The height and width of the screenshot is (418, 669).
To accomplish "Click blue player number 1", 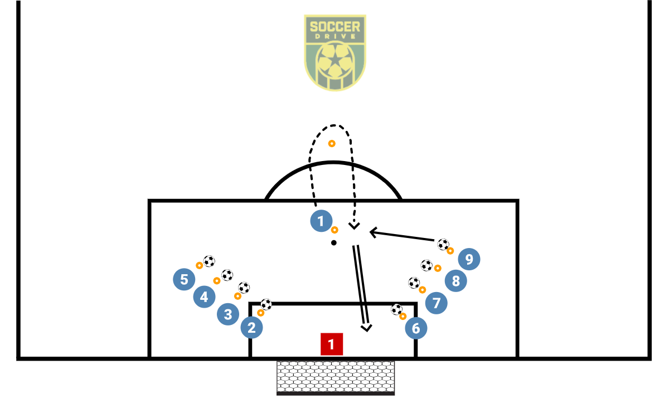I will (x=321, y=221).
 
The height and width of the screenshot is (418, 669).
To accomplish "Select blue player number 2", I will (x=251, y=328).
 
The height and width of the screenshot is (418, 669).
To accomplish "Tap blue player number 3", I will (x=227, y=314).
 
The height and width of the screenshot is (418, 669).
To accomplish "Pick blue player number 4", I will (x=204, y=297).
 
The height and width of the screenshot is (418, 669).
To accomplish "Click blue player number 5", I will (x=185, y=279).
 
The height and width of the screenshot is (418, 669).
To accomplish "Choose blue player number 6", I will (x=416, y=328).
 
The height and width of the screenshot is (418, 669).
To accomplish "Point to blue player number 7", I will (x=437, y=303).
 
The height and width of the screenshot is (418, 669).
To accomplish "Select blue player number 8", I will (x=456, y=281).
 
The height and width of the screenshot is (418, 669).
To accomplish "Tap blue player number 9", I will (x=469, y=259).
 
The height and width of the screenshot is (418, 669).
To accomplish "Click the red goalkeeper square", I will (x=331, y=344).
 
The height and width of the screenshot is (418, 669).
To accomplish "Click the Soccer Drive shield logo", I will (x=334, y=53).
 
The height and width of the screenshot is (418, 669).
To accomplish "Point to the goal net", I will (x=336, y=377).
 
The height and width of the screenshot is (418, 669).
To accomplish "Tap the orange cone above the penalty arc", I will (x=332, y=144).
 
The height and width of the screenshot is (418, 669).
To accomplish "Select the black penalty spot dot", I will (x=333, y=242).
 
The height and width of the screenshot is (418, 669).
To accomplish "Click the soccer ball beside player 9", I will (x=443, y=244).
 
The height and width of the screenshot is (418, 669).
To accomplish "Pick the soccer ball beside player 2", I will (x=266, y=304).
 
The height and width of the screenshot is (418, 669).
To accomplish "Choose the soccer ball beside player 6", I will (x=396, y=309).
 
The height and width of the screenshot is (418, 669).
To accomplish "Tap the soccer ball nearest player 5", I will (x=209, y=261).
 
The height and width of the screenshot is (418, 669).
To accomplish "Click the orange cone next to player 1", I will (x=334, y=230).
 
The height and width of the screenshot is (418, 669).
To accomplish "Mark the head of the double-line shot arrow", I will (x=366, y=327).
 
